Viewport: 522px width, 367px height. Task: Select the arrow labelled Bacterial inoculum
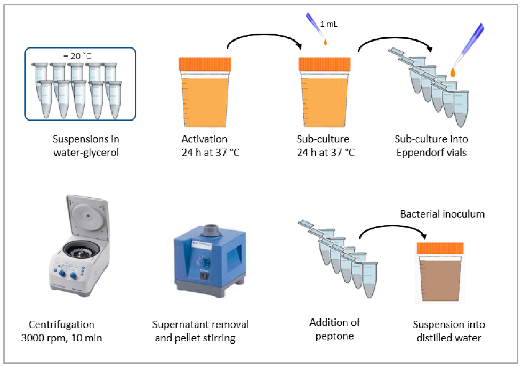coord(395,232)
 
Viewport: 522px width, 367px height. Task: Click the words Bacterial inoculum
coord(442,214)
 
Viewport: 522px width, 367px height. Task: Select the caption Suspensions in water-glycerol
coord(86,145)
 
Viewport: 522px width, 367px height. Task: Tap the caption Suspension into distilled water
coord(449,331)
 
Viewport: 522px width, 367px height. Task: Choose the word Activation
coord(204,139)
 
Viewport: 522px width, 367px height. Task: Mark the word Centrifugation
coord(62,324)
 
